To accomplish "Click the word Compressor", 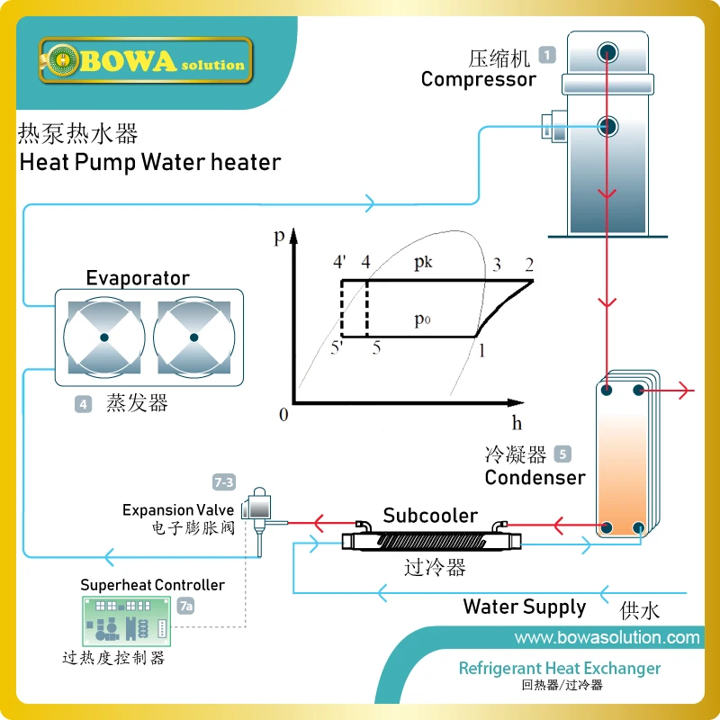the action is click(x=478, y=79).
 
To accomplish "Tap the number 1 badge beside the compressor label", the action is click(x=547, y=55).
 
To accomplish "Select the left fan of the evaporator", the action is click(x=104, y=337).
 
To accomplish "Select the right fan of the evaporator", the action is click(x=193, y=337).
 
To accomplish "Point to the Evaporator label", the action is click(x=138, y=277).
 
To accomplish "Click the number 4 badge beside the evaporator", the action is click(x=83, y=405).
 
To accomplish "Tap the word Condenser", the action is click(x=535, y=477).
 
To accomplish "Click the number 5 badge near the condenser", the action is click(x=562, y=454).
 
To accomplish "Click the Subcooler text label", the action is click(x=430, y=516).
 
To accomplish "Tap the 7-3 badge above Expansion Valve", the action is click(x=223, y=482).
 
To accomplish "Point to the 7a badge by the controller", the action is click(x=185, y=607).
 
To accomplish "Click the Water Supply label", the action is click(x=524, y=607).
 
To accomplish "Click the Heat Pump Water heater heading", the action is click(x=150, y=163).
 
